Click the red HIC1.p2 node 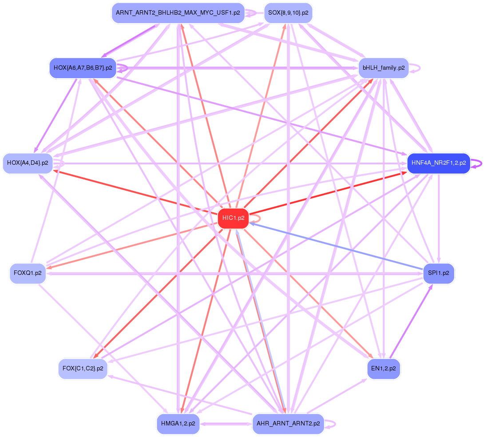coord(233,218)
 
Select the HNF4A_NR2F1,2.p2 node coord(438,163)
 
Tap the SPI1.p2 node coord(438,273)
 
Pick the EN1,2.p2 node coord(384,369)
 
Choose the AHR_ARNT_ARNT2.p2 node coord(288,424)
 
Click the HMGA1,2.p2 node coord(178,424)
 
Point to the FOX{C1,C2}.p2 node coord(83,369)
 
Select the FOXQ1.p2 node coord(28,273)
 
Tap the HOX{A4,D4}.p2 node coord(28,163)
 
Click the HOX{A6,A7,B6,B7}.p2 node coord(83,68)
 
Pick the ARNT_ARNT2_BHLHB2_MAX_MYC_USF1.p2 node coord(178,13)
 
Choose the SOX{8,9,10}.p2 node coord(288,13)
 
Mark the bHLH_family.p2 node coord(383,68)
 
